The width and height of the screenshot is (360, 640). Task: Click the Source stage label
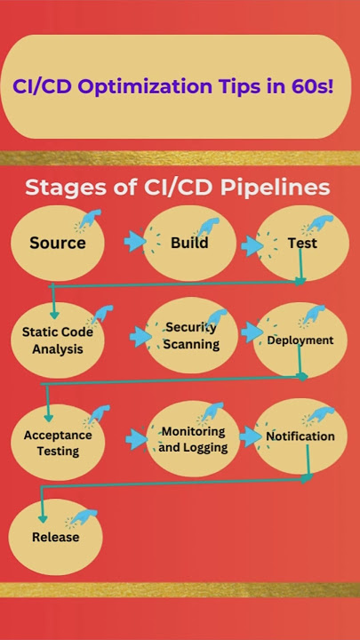[x=58, y=243]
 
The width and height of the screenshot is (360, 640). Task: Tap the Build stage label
[x=189, y=243]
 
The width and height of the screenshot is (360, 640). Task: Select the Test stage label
[x=302, y=244]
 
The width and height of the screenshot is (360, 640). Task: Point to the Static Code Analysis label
[x=58, y=340]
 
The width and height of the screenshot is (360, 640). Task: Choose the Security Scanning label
[x=191, y=335]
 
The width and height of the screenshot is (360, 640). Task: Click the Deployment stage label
[x=300, y=340]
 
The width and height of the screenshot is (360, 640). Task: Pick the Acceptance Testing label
[x=58, y=443]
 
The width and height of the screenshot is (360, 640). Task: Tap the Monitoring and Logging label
[x=193, y=439]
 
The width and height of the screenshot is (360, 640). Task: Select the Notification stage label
[x=300, y=436]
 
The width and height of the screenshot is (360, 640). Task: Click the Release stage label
[x=55, y=537]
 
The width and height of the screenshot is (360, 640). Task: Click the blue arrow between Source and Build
[x=135, y=243]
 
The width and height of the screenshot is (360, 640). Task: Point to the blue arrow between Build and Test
[x=252, y=246]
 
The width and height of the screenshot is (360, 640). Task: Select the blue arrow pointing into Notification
[x=250, y=436]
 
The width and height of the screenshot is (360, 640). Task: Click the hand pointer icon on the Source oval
[x=88, y=220]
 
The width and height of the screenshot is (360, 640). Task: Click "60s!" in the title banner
[x=315, y=85]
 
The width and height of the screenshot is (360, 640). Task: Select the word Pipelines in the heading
[x=275, y=188]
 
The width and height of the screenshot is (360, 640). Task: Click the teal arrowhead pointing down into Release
[x=43, y=518]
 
